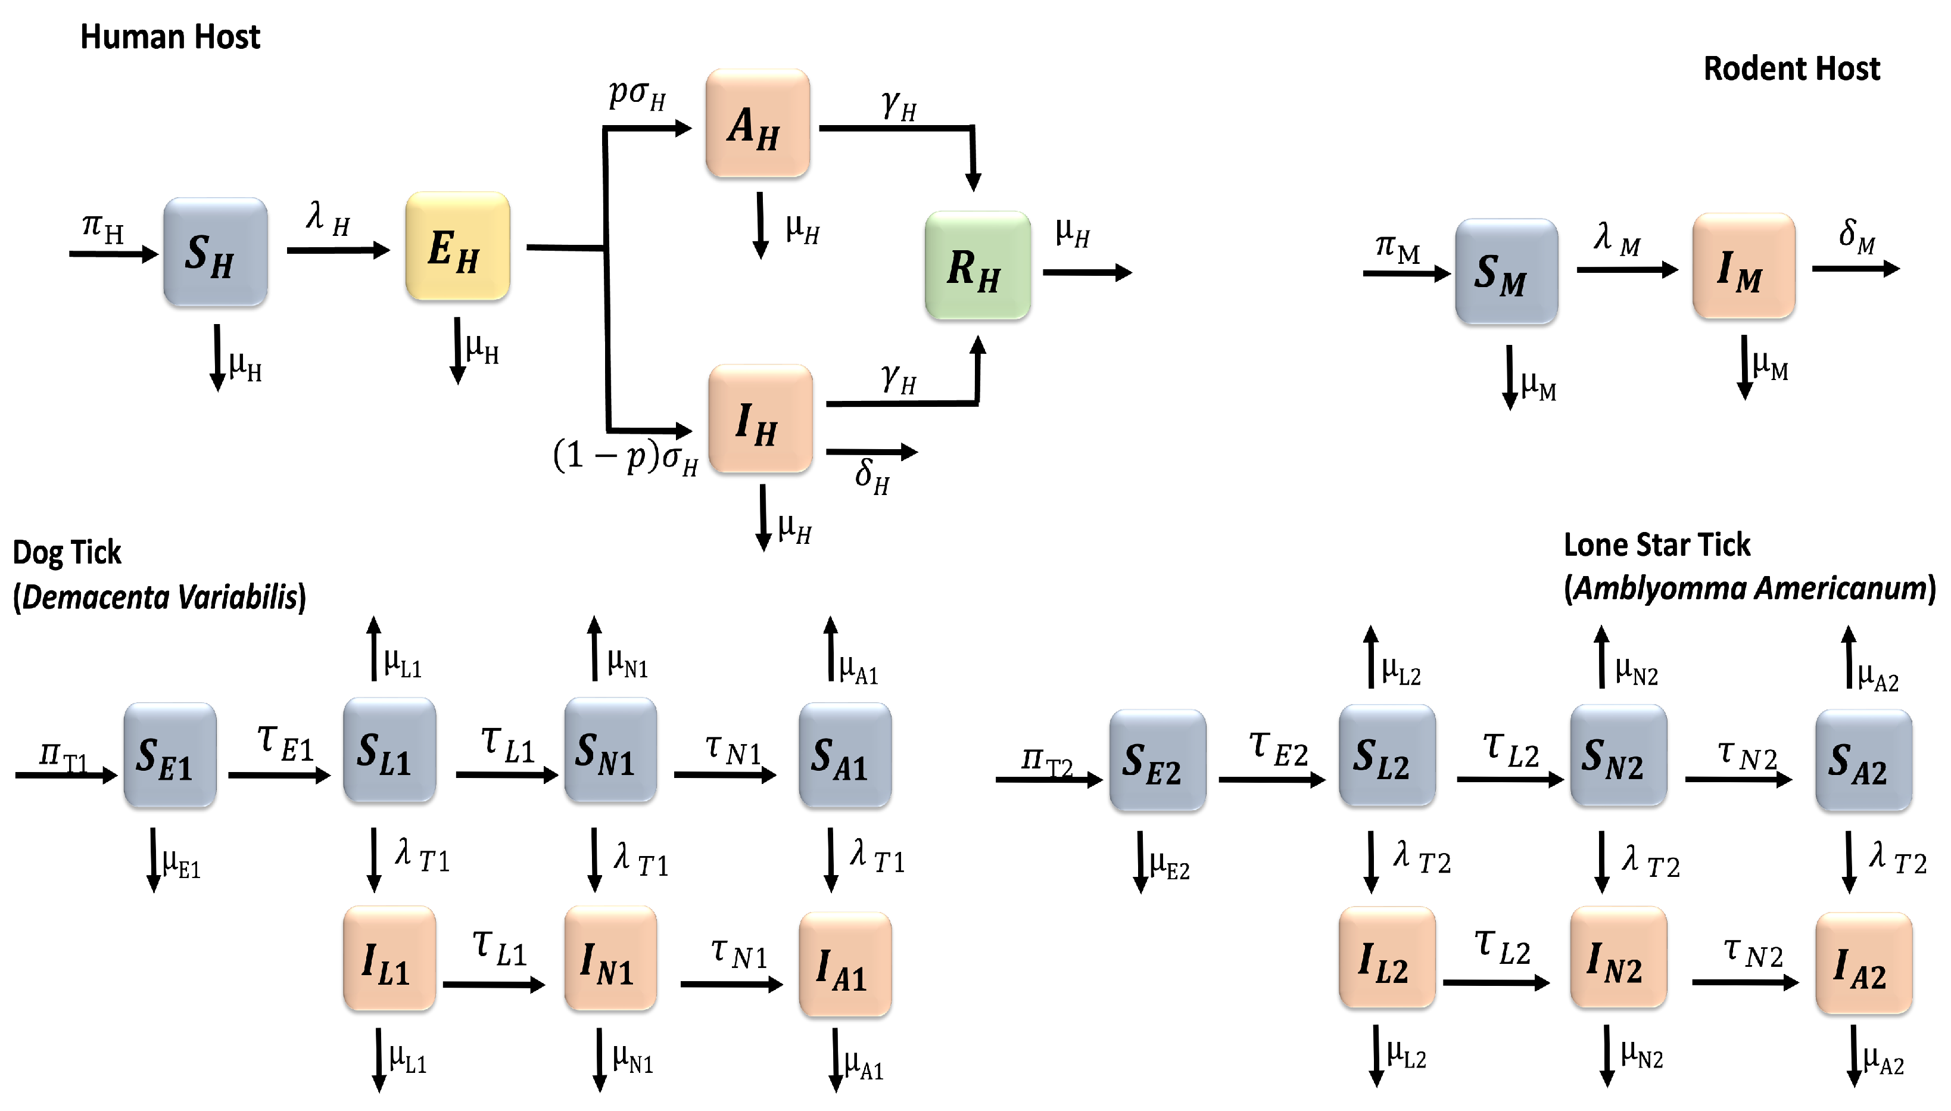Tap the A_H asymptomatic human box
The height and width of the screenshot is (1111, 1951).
pos(758,124)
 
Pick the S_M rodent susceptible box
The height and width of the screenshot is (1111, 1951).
pos(1506,272)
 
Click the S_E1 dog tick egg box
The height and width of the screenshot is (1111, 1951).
pos(169,755)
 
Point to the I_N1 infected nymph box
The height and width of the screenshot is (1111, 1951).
pos(610,958)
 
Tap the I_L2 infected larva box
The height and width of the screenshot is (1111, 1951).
pos(1386,957)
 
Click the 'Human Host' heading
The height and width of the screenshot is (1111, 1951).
pos(170,36)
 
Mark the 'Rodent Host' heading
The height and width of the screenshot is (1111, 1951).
pos(1791,69)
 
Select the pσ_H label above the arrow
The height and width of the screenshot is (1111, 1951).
pos(637,95)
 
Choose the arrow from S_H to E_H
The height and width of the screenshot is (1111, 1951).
pos(338,250)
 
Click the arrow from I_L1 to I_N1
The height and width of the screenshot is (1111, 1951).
pos(494,984)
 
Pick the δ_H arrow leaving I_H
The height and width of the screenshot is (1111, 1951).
pos(872,452)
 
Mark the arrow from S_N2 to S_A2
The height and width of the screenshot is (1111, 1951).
pos(1738,779)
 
